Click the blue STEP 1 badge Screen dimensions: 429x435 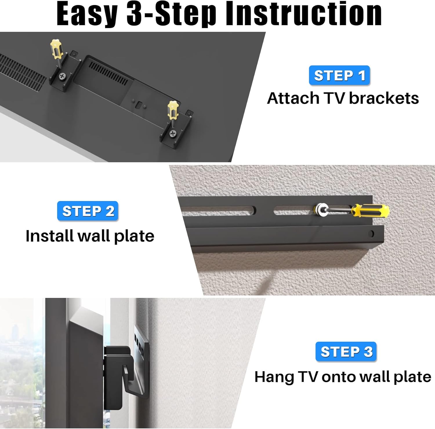[339, 75]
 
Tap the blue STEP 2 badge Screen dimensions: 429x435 [88, 211]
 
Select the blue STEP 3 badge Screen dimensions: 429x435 [346, 352]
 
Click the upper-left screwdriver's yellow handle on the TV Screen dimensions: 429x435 [56, 48]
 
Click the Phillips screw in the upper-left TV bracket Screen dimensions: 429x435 [62, 76]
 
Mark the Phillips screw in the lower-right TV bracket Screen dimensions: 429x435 [173, 133]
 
